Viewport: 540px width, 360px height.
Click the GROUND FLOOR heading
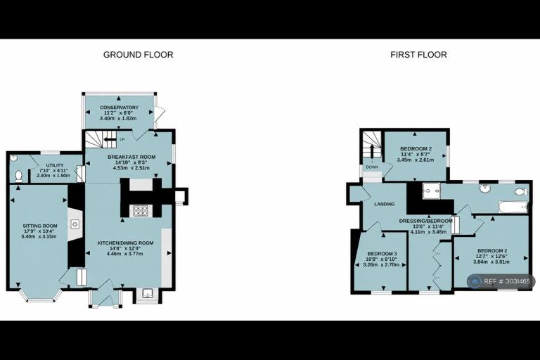click(x=138, y=55)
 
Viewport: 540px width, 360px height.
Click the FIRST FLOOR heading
click(x=418, y=55)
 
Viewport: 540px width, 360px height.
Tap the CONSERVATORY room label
click(x=119, y=108)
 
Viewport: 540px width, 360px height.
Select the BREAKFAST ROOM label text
click(x=131, y=157)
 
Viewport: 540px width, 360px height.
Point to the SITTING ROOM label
click(x=40, y=226)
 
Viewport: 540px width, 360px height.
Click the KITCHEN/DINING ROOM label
click(x=125, y=243)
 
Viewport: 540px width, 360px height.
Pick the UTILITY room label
click(x=55, y=166)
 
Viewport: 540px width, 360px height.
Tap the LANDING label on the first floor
click(x=385, y=205)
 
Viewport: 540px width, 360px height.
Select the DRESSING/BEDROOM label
click(x=425, y=221)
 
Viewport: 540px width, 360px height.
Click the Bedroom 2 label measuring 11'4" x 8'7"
click(x=416, y=149)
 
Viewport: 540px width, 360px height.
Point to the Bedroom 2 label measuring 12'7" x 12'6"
click(x=492, y=251)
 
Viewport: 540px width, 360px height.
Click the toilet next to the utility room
click(x=18, y=176)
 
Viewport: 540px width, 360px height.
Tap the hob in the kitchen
click(x=141, y=211)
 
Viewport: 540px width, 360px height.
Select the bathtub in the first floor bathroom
click(x=513, y=207)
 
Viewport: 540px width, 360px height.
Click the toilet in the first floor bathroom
click(x=522, y=191)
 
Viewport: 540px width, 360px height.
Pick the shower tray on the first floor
click(x=432, y=191)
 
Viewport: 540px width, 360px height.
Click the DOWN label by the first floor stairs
click(x=372, y=167)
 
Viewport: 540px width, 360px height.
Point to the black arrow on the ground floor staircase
click(x=110, y=139)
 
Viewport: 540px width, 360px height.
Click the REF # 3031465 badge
click(x=501, y=281)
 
